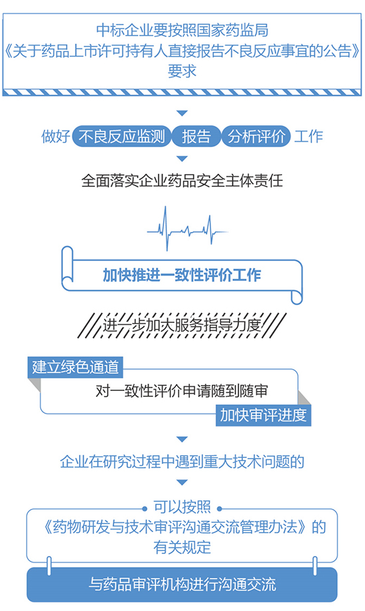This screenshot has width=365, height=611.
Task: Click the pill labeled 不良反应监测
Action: tap(121, 137)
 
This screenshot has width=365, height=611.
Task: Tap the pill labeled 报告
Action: tap(196, 137)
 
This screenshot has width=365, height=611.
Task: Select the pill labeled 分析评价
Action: tap(256, 137)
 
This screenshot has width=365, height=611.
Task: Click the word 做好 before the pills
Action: tap(56, 137)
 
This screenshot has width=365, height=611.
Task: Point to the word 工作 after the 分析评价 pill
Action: tap(309, 137)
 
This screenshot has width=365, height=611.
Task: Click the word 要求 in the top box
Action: tap(182, 71)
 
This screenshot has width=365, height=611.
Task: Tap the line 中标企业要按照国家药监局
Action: tap(182, 30)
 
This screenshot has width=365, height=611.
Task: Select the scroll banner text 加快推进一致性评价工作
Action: tap(182, 275)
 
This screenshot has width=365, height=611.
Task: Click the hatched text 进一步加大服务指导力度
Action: tap(182, 325)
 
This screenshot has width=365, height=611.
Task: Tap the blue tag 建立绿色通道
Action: tap(76, 367)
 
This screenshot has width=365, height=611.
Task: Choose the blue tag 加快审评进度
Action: tap(263, 415)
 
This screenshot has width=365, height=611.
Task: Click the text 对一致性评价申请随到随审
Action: tap(182, 391)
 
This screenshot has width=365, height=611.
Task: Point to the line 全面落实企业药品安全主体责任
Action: tap(182, 181)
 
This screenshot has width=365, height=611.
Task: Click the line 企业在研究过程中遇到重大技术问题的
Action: tap(182, 461)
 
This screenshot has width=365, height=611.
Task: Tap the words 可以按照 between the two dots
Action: tap(182, 507)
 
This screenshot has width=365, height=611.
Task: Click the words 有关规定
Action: tap(182, 547)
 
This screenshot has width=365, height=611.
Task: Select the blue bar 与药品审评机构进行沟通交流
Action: tap(182, 584)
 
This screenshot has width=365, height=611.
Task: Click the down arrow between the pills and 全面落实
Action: tap(182, 158)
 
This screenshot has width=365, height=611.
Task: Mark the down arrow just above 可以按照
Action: tap(182, 483)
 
